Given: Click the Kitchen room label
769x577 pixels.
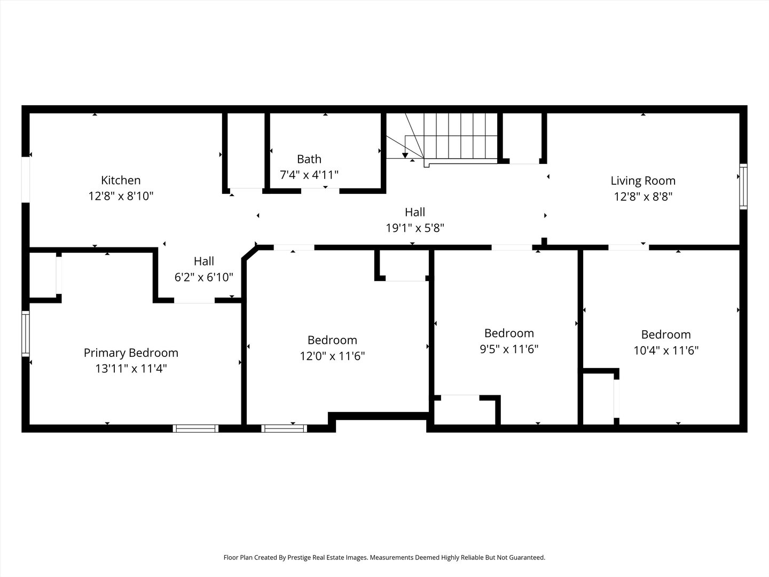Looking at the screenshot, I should tap(121, 181).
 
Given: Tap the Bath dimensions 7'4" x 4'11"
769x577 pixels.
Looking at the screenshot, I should tap(309, 175).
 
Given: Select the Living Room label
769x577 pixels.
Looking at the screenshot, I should tap(643, 181).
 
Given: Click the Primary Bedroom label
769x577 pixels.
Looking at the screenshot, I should tap(131, 353).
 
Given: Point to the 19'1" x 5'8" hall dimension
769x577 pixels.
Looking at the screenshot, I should tap(415, 228).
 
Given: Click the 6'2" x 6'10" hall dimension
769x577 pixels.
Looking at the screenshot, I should tap(203, 277).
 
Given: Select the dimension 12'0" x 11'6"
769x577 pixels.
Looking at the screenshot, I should tap(332, 356).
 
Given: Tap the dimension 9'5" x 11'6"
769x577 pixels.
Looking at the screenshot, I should tap(509, 349).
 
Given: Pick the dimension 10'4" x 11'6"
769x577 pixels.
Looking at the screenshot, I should tap(666, 350).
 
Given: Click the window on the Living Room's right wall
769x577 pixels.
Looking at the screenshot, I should tap(743, 186).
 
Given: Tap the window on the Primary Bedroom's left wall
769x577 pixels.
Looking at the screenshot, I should tap(25, 333).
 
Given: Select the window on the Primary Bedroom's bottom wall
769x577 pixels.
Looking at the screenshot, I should tap(196, 428).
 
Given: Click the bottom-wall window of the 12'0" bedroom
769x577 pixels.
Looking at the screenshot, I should tap(284, 428).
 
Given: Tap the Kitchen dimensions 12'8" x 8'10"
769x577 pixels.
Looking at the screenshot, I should tap(121, 196).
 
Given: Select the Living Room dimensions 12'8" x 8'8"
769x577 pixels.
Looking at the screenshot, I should tap(643, 197).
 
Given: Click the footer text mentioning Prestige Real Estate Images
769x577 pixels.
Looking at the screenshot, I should tap(384, 557).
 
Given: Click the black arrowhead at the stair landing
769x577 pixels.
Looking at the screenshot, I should tap(405, 156).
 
